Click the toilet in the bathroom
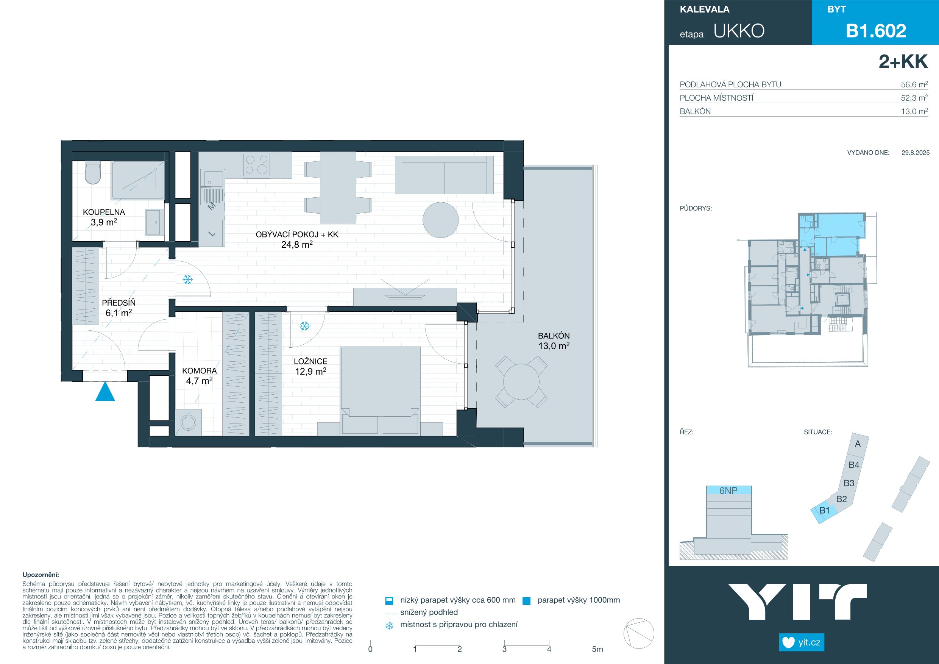[x=93, y=173]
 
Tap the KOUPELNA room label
[x=104, y=212]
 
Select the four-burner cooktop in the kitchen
[x=256, y=165]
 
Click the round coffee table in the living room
[x=440, y=220]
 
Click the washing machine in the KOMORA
[x=188, y=422]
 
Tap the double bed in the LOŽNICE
[x=380, y=391]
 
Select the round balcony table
[x=521, y=382]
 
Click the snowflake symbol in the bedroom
[x=304, y=326]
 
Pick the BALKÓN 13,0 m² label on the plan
[x=554, y=341]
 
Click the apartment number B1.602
[x=876, y=31]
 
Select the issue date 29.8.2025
[x=915, y=153]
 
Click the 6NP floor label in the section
[x=728, y=491]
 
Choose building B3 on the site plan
[x=849, y=483]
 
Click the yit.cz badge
[x=801, y=642]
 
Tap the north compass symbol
[x=638, y=633]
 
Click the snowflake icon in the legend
[x=389, y=625]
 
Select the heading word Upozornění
[x=41, y=575]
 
